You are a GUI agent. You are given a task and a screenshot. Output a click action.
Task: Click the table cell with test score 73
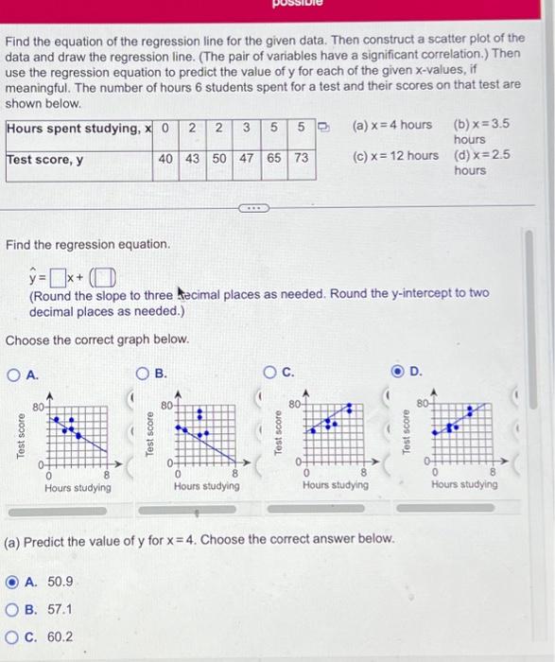301,159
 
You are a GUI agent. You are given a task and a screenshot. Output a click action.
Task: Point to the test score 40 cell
165,159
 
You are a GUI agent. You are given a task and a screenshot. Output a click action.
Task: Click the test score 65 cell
273,159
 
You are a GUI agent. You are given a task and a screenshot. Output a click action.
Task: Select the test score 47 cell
246,159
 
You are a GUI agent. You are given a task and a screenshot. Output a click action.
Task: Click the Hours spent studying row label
76,129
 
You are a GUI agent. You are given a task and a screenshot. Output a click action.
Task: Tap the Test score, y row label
45,159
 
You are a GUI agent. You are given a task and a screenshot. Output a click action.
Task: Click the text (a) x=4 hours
391,125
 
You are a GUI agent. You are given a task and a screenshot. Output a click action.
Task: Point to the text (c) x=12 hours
395,155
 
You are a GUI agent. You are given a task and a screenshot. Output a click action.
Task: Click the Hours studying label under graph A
78,488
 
